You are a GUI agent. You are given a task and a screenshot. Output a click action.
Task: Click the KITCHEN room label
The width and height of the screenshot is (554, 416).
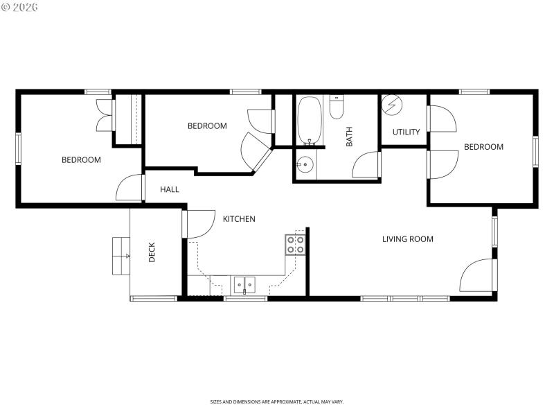click(239, 219)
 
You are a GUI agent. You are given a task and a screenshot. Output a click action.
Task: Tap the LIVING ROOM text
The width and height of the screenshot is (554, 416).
click(408, 239)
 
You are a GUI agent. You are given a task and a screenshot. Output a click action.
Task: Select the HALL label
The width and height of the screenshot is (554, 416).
click(170, 189)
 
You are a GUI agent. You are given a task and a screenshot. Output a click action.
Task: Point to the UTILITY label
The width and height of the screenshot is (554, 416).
click(406, 132)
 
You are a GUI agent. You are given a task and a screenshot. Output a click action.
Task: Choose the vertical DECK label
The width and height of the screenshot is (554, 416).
click(152, 252)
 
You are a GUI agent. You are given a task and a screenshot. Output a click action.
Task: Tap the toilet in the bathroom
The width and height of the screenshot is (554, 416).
click(337, 107)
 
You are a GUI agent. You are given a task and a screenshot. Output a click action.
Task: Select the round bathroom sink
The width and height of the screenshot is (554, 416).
click(305, 165)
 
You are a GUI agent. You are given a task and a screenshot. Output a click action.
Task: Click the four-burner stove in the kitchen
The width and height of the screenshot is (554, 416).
click(295, 244)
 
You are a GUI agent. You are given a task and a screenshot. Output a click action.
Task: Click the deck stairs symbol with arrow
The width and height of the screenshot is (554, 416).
click(121, 256)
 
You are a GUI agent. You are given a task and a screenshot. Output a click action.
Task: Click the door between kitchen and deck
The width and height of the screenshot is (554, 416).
click(197, 223)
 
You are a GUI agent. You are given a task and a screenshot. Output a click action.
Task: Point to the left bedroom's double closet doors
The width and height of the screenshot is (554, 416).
click(105, 114)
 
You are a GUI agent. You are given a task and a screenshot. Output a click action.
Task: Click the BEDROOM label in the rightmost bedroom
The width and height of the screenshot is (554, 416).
click(483, 147)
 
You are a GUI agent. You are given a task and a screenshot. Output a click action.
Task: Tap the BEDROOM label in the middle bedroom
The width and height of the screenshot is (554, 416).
click(207, 126)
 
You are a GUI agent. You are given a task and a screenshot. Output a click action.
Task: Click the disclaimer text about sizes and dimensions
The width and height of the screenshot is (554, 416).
click(277, 401)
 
